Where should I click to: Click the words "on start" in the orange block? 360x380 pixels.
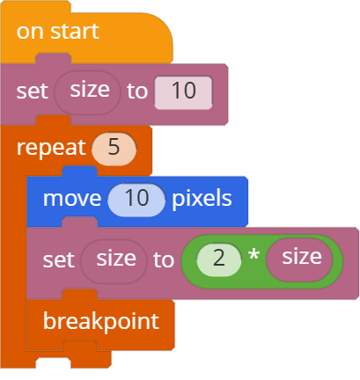pos(58,32)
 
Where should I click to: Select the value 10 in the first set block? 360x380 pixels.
pos(183,92)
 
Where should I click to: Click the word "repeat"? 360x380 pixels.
pos(51,148)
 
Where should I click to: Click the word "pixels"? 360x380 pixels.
pos(202,199)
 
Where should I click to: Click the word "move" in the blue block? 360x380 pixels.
pos(72,199)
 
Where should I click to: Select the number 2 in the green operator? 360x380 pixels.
pos(218,259)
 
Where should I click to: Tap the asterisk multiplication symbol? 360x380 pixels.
pos(253,254)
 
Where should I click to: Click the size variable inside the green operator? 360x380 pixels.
pos(299,259)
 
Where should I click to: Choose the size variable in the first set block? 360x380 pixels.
pos(87,92)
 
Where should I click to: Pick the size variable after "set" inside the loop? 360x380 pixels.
pos(114,261)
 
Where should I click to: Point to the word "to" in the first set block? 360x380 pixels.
pos(137,91)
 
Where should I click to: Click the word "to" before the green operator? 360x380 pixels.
pos(164,260)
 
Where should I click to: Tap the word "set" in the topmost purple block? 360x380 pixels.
pos(33,91)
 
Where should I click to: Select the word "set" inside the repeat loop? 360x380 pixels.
pos(59,260)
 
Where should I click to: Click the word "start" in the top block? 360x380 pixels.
pos(75,32)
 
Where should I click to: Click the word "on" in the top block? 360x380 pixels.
pos(30,33)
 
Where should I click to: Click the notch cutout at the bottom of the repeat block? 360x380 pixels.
pos(53,363)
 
